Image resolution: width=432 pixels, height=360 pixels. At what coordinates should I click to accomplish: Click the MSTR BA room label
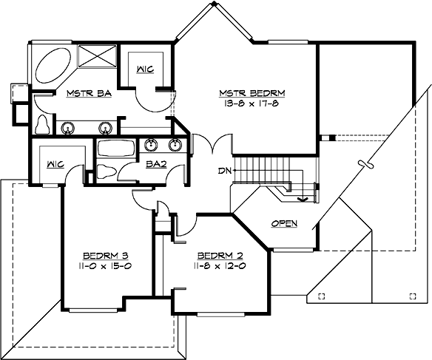point(83,93)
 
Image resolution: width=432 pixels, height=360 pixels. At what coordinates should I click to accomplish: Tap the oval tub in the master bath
point(52,65)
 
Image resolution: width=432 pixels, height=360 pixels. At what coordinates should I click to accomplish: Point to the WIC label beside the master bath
point(145,68)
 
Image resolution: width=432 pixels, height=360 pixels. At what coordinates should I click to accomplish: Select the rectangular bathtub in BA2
point(115,147)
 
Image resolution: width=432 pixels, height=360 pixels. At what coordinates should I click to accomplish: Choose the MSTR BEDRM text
point(252,93)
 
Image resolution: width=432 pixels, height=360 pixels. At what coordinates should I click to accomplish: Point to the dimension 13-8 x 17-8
point(252,105)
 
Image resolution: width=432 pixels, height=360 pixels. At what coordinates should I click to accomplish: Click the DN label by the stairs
point(225,171)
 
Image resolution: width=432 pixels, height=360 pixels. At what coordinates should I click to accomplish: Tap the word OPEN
point(285,223)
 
